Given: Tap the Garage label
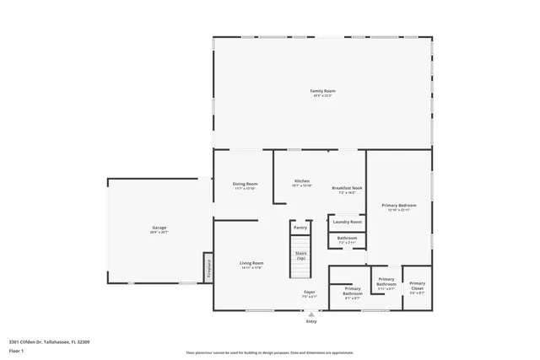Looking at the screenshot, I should coord(159,228).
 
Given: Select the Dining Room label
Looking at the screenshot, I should coord(246,184).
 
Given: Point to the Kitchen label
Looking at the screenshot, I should coord(302,181).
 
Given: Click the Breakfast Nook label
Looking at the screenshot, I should coord(347,188).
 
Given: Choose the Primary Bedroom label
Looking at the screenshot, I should coord(398,205).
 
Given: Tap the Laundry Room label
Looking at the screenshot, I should coord(347,222).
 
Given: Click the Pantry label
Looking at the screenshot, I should coord(300,227).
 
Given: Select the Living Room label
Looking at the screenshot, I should coord(251,263).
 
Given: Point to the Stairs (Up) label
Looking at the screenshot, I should coord(300,255).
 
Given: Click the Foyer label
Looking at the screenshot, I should coord(310,293).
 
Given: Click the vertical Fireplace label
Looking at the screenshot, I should coord(208,270).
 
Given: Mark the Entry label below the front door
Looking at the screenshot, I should coord(311,321).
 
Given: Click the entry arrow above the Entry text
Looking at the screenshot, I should coord(311,314).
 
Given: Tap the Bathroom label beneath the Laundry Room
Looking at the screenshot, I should coord(347,238).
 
